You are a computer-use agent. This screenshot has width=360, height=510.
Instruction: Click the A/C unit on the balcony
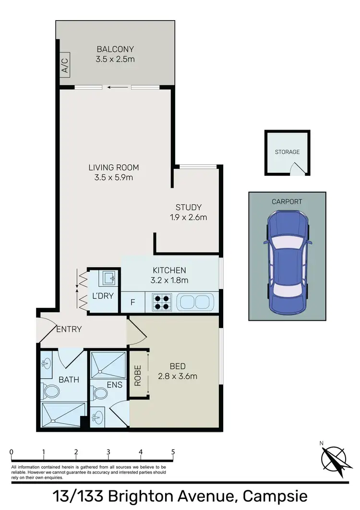(x=65, y=63)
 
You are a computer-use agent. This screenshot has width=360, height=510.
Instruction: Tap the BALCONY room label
(x=115, y=49)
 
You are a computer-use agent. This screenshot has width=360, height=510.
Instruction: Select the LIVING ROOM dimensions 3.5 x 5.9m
(x=114, y=177)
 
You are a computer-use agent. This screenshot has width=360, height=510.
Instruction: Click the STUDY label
(x=188, y=207)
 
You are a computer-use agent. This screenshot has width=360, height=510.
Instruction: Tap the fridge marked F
(x=133, y=303)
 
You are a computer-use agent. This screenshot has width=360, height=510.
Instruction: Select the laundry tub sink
(x=107, y=278)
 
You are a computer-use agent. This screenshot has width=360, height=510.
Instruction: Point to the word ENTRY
(x=69, y=329)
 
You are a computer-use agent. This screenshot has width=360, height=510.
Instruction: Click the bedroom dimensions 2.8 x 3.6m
(x=178, y=376)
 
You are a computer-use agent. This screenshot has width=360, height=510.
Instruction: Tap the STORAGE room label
(x=287, y=152)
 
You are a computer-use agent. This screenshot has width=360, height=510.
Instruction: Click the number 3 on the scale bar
(x=108, y=452)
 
